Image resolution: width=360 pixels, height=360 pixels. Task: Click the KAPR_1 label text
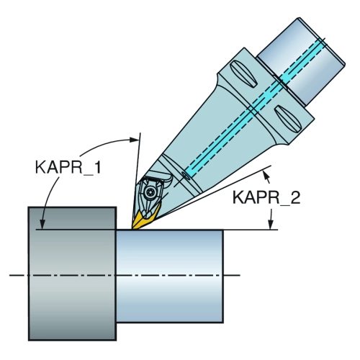[68, 167]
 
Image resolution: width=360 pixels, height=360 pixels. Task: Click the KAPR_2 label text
[266, 197]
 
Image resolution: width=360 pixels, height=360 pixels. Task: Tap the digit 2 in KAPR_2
[295, 197]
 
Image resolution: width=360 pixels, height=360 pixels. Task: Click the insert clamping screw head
[150, 192]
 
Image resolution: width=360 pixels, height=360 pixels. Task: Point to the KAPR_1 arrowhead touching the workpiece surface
[42, 225]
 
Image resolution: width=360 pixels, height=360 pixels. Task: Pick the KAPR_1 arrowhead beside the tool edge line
[134, 140]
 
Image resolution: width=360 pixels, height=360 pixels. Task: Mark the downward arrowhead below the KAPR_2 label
[271, 225]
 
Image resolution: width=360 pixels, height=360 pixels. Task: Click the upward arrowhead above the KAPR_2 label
[266, 174]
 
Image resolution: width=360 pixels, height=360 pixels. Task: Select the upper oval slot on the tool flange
[243, 73]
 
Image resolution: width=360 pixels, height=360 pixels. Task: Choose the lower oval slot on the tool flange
[287, 118]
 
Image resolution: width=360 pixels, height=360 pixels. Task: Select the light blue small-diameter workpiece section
[170, 276]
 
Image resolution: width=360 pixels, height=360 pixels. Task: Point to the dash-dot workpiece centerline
[125, 275]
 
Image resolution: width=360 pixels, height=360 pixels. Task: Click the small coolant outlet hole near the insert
[186, 176]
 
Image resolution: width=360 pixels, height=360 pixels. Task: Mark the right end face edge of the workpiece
[223, 276]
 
